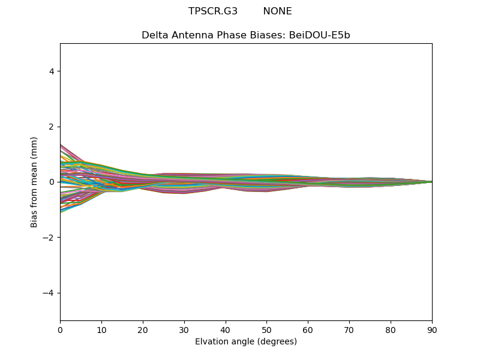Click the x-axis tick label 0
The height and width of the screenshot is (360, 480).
[x=60, y=329]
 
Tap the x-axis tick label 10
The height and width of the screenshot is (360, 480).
[x=101, y=329]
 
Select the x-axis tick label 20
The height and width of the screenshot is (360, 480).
[x=143, y=329]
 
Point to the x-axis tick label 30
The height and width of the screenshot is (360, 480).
[x=184, y=329]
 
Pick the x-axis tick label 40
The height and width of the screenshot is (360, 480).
[x=226, y=329]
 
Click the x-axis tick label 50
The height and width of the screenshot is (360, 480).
[x=266, y=329]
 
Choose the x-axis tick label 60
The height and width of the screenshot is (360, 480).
[x=308, y=329]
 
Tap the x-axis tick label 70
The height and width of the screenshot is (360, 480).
[x=349, y=329]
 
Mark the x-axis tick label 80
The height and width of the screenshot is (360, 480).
[x=391, y=329]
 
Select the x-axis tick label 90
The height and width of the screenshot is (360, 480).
[x=432, y=329]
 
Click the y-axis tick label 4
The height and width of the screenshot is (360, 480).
[x=52, y=71]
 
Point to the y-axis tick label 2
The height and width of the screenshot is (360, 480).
[x=52, y=127]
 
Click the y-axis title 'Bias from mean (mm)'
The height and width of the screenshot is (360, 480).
[x=34, y=182]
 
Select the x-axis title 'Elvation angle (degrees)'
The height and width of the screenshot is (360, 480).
[x=246, y=341]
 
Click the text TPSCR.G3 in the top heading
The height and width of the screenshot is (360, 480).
[x=213, y=11]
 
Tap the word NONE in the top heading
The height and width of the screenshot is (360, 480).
[x=277, y=11]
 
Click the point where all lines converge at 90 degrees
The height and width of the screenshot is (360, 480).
[x=431, y=182]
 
